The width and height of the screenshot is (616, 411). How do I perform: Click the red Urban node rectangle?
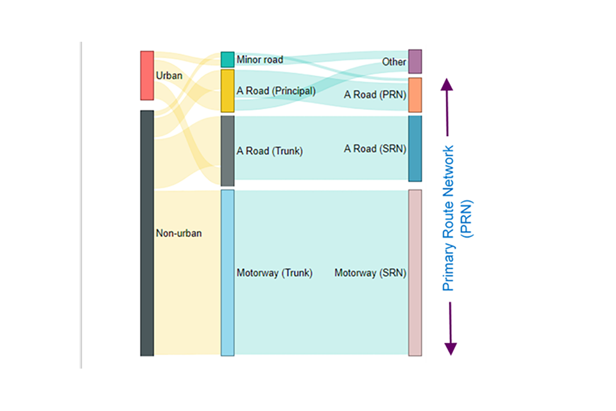(147, 75)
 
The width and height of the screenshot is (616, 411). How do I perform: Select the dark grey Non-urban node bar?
(147, 232)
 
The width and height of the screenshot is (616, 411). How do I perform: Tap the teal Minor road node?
(228, 60)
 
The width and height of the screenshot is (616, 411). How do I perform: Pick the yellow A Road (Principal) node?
(228, 91)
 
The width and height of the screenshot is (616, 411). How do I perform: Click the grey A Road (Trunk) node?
(228, 151)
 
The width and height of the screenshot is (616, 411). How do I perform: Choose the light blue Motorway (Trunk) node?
(228, 272)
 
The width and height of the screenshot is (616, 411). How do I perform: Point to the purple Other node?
(415, 62)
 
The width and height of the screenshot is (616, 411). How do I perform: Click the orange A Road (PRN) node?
(415, 95)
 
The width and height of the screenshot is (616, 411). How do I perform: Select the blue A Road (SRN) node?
(415, 148)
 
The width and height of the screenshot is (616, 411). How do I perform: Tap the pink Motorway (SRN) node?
(415, 272)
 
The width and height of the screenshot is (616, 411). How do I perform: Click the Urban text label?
(169, 76)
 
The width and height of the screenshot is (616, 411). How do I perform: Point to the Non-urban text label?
(179, 233)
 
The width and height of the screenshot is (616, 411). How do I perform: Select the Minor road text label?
(260, 60)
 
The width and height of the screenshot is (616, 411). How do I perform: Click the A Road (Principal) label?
(276, 91)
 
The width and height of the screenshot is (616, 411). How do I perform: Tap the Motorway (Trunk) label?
(274, 273)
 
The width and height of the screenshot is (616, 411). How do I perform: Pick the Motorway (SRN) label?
(370, 273)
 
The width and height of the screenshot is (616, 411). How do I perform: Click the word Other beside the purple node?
(394, 62)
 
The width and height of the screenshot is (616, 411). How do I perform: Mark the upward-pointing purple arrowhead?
(449, 84)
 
